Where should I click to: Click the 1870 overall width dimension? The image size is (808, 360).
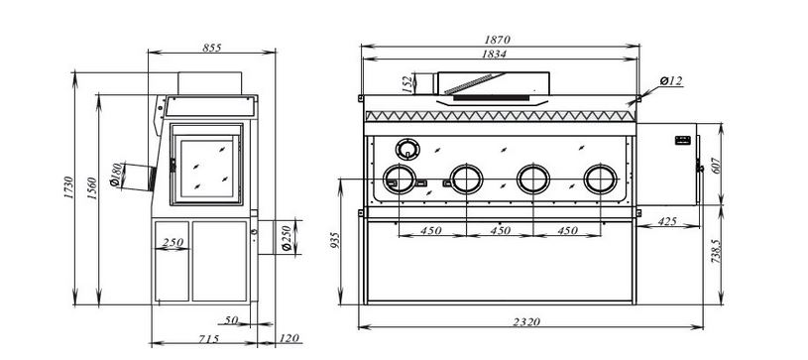pos(497,40)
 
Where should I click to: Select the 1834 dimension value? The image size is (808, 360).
pos(494,54)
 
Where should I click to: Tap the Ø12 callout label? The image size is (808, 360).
pos(671,81)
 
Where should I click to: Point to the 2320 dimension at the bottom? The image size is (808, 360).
pos(526,322)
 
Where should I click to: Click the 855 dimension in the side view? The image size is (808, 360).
pos(212,48)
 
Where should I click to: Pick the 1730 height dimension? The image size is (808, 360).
pos(69,188)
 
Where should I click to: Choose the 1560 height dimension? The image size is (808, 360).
pos(92,189)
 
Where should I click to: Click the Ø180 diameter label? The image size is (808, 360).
pos(115,175)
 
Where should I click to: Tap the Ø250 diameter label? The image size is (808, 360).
pos(288,238)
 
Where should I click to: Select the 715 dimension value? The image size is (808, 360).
pos(209,339)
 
